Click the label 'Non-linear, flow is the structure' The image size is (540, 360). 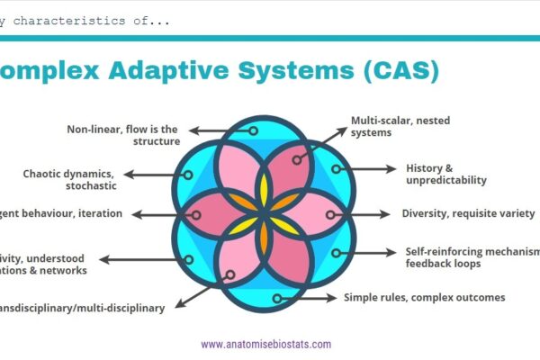pos(123,134)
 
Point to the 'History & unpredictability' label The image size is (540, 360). pos(446,174)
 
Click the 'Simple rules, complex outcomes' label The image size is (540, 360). pos(424,297)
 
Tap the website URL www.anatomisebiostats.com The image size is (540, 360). pos(265,344)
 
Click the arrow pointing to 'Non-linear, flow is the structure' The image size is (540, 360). pos(220,131)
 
